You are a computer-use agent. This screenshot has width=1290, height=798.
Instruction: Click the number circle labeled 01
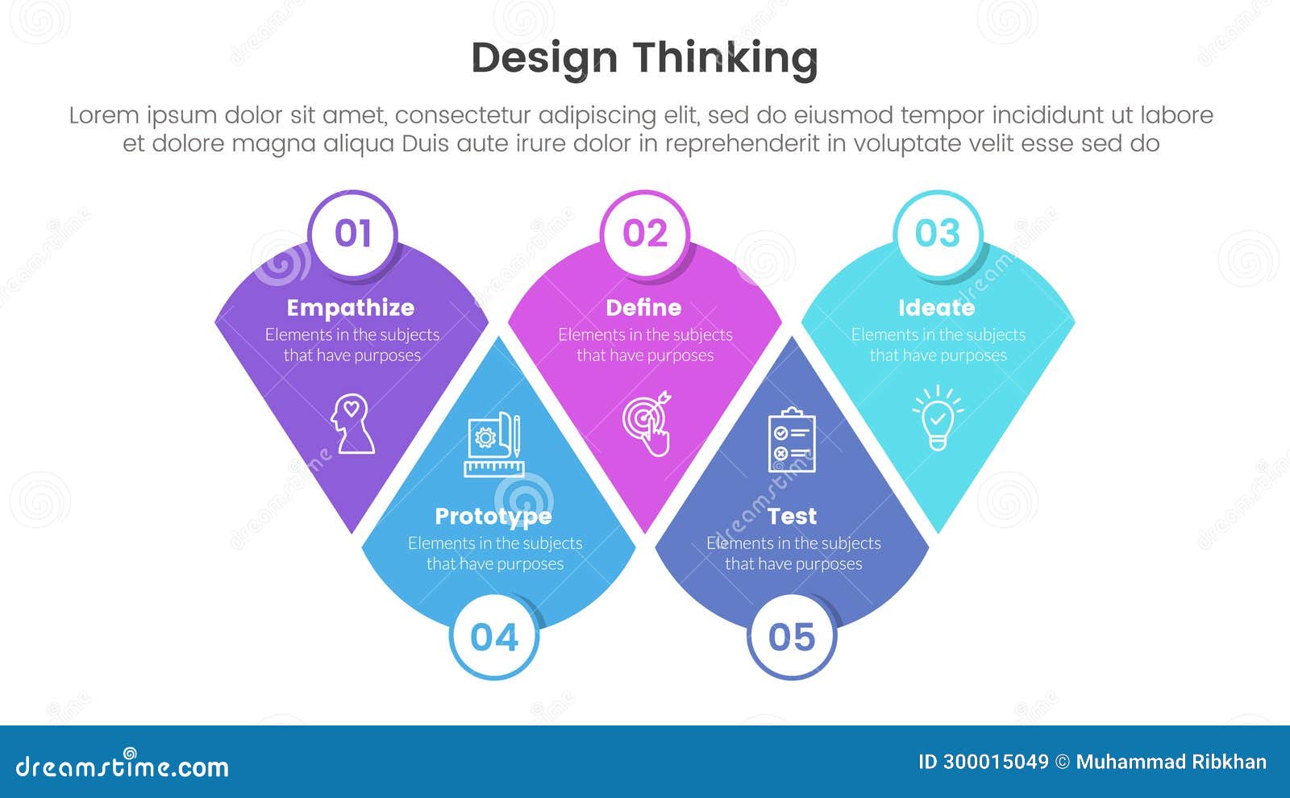click(352, 234)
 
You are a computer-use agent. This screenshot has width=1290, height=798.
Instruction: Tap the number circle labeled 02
click(645, 234)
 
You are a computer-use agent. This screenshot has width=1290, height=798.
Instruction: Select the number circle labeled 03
click(938, 234)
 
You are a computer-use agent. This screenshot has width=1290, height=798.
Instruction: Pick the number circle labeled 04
click(493, 638)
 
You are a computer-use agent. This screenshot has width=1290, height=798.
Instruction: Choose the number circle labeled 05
click(792, 638)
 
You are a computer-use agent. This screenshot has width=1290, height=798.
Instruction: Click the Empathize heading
click(351, 308)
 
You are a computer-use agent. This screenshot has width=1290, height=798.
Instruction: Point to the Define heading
click(643, 308)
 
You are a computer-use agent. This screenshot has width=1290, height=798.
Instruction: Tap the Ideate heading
click(936, 308)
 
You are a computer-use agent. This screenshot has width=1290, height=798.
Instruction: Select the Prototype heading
click(493, 516)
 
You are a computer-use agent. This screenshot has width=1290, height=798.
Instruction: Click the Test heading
click(792, 516)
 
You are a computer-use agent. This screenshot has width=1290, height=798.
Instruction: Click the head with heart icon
click(352, 423)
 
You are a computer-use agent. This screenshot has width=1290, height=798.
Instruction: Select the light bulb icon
click(938, 418)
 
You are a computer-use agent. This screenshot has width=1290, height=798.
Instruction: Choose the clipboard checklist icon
click(792, 440)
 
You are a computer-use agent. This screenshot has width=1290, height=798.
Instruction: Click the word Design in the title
click(544, 58)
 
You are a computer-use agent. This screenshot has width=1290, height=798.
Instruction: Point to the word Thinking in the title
click(725, 58)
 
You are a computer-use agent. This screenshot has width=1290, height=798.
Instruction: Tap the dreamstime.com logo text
click(123, 767)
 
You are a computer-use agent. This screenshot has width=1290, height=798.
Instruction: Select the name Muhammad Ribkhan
click(1171, 763)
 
